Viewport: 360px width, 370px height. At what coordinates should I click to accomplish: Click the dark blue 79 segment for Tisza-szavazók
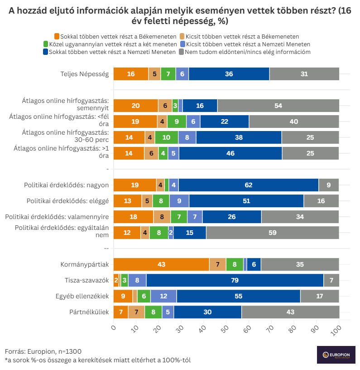pyautogui.click(x=235, y=280)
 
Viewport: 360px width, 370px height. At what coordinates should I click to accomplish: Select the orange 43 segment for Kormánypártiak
pyautogui.click(x=161, y=264)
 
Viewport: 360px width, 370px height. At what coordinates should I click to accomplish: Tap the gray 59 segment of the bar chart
pyautogui.click(x=273, y=233)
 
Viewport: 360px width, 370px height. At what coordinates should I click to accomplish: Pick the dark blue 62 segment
pyautogui.click(x=249, y=185)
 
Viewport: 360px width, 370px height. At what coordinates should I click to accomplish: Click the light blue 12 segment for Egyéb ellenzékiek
pyautogui.click(x=163, y=296)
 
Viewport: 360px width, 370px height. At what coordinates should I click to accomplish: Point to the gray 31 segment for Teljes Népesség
pyautogui.click(x=304, y=74)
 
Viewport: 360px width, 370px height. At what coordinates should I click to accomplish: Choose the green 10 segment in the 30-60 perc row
pyautogui.click(x=166, y=137)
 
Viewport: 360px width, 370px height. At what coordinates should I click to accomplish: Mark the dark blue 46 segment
pyautogui.click(x=230, y=153)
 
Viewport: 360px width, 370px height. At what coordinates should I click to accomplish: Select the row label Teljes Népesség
pyautogui.click(x=85, y=74)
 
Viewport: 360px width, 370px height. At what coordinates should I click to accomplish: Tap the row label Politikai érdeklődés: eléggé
pyautogui.click(x=67, y=200)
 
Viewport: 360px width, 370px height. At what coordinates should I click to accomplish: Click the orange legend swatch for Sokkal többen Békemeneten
pyautogui.click(x=57, y=36)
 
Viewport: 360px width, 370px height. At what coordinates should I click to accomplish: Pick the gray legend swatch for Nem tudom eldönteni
pyautogui.click(x=181, y=52)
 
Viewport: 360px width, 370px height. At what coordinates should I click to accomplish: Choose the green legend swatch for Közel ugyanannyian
pyautogui.click(x=46, y=44)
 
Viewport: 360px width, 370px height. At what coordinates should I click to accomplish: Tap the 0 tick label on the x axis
pyautogui.click(x=114, y=326)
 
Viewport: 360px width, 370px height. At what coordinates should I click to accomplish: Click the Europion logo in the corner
pyautogui.click(x=336, y=355)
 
